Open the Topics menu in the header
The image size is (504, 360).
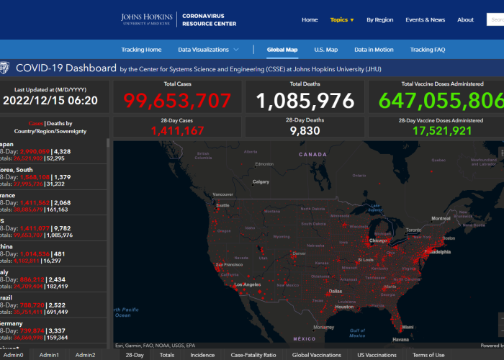[x=342, y=19]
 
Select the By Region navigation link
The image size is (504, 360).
[x=379, y=19]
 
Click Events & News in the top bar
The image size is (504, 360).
[x=425, y=19]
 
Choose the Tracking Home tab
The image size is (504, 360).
[x=141, y=50]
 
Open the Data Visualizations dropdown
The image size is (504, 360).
[x=208, y=50]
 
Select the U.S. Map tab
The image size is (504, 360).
[x=325, y=50]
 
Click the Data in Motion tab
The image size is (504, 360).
[x=374, y=50]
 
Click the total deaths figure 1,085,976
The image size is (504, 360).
[x=305, y=100]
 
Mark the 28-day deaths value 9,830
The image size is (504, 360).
[x=305, y=130]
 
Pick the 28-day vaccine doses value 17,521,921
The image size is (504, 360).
[x=432, y=130]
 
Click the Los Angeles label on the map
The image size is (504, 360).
[x=246, y=284]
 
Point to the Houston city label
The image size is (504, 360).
[x=345, y=306]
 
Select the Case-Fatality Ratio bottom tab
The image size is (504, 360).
[x=253, y=355]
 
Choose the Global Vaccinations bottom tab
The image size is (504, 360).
[x=316, y=355]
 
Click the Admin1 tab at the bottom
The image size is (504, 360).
[x=50, y=355]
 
